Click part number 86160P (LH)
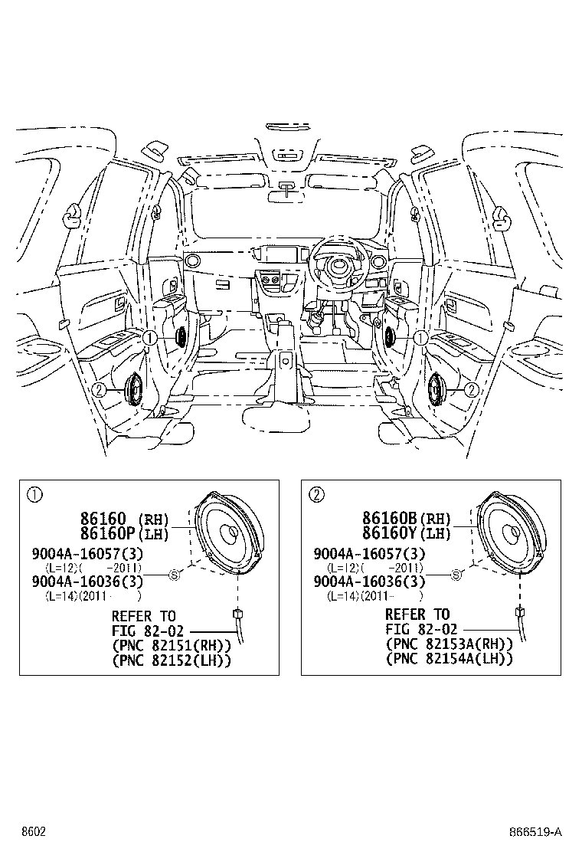pyautogui.click(x=125, y=533)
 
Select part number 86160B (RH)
pyautogui.click(x=407, y=518)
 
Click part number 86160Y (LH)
pyautogui.click(x=407, y=533)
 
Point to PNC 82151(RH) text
pyautogui.click(x=171, y=646)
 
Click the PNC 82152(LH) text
pyautogui.click(x=171, y=660)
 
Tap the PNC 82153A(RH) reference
pyautogui.click(x=449, y=644)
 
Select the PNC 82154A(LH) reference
pyautogui.click(x=449, y=659)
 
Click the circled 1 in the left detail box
pyautogui.click(x=34, y=495)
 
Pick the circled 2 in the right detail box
pyautogui.click(x=316, y=494)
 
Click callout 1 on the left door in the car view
pyautogui.click(x=150, y=338)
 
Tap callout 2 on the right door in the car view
pyautogui.click(x=471, y=389)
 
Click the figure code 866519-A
pyautogui.click(x=535, y=832)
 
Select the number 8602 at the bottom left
pyautogui.click(x=33, y=832)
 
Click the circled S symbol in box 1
pyautogui.click(x=175, y=575)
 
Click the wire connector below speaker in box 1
pyautogui.click(x=237, y=614)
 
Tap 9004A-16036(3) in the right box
pyautogui.click(x=369, y=582)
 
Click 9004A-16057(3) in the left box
pyautogui.click(x=87, y=554)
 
